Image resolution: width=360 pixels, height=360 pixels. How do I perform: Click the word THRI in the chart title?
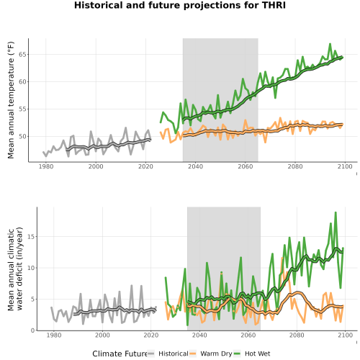[x=274, y=5]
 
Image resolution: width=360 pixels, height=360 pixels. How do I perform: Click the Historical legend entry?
[x=168, y=354]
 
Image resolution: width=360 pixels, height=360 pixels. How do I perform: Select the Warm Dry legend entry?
[x=211, y=354]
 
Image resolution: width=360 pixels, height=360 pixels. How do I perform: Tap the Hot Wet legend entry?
[x=252, y=354]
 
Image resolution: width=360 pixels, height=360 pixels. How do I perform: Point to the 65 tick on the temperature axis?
[x=22, y=55]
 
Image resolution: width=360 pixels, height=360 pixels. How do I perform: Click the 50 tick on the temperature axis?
[x=22, y=137]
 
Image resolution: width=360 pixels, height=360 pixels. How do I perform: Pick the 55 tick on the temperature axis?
[x=22, y=109]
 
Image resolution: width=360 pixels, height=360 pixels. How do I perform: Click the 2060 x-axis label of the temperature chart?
[x=246, y=166]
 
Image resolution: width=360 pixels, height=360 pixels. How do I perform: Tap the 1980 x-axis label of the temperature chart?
[x=46, y=166]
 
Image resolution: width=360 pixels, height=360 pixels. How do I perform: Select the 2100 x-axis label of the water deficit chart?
[x=345, y=335]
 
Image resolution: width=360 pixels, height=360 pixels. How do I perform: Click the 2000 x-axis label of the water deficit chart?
[x=102, y=335]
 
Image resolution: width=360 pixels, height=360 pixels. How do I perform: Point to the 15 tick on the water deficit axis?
[x=31, y=237]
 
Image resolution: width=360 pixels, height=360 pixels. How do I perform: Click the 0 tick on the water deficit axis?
[x=32, y=330]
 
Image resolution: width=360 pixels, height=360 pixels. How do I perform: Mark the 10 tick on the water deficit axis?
[x=31, y=268]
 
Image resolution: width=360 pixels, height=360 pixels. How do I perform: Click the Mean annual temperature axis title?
[x=11, y=100]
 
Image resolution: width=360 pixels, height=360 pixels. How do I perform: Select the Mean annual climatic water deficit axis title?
[x=15, y=269]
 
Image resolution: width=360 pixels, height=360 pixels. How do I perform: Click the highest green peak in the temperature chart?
[x=330, y=44]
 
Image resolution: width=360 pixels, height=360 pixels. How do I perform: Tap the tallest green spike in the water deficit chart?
[x=336, y=212]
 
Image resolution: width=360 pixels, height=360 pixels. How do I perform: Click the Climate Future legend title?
[x=120, y=354]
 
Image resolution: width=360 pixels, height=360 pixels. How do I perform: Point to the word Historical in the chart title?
[x=99, y=5]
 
